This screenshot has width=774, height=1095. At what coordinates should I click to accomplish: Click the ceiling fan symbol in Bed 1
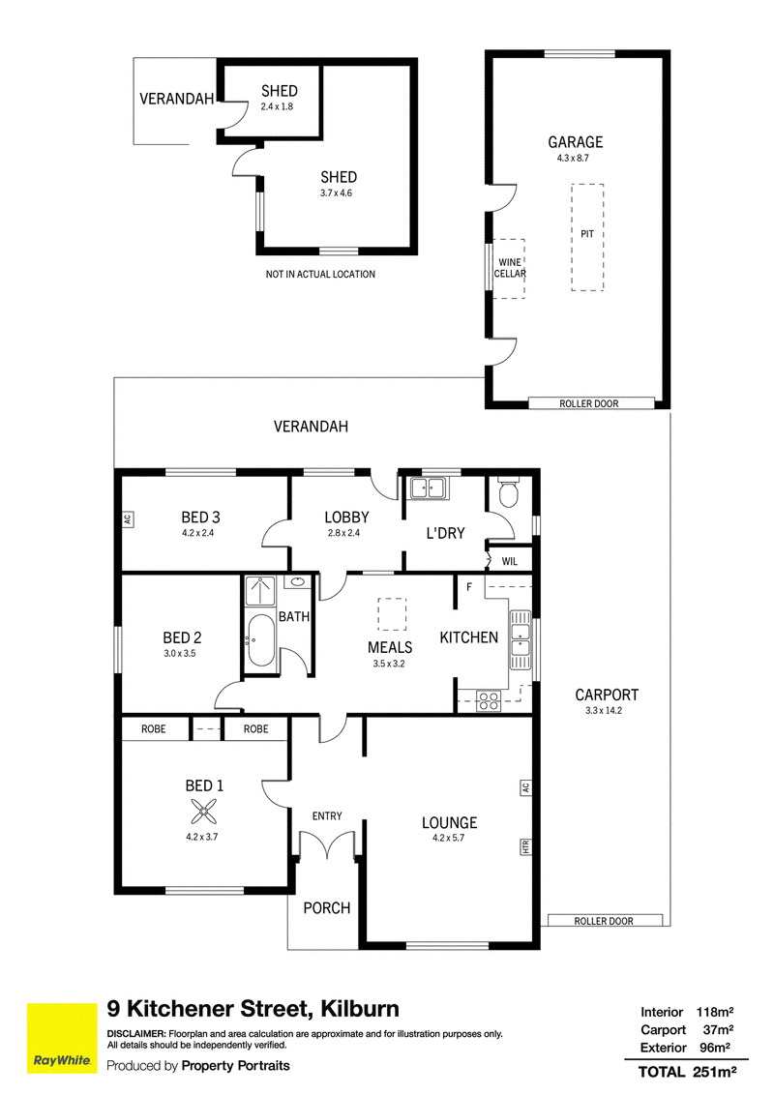[x=204, y=812]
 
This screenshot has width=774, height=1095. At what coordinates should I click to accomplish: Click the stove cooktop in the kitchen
[x=489, y=700]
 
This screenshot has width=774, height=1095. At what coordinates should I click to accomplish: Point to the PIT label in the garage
[x=586, y=234]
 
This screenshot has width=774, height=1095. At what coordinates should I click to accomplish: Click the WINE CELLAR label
[x=510, y=268]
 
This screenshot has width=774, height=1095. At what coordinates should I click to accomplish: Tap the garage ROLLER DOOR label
[x=589, y=403]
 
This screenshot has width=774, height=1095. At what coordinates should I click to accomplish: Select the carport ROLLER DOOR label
[x=604, y=921]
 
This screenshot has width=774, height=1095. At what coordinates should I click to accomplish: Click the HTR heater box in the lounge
[x=525, y=847]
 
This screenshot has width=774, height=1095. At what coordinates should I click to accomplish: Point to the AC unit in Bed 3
[x=127, y=518]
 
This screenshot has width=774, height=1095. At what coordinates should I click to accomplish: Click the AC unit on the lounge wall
[x=525, y=787]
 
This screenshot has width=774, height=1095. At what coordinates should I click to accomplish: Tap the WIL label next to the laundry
[x=510, y=561]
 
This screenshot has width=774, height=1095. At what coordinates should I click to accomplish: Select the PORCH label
[x=327, y=908]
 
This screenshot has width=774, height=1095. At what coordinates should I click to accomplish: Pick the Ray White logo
[x=62, y=1039]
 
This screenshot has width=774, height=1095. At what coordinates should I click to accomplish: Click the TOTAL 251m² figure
[x=687, y=1071]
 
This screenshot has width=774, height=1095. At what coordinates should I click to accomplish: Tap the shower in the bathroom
[x=260, y=591]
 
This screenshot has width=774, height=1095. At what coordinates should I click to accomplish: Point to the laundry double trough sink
[x=428, y=488]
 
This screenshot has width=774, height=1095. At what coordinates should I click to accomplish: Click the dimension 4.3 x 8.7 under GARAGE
[x=573, y=158]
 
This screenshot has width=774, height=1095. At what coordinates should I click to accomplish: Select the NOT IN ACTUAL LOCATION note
[x=320, y=275]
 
